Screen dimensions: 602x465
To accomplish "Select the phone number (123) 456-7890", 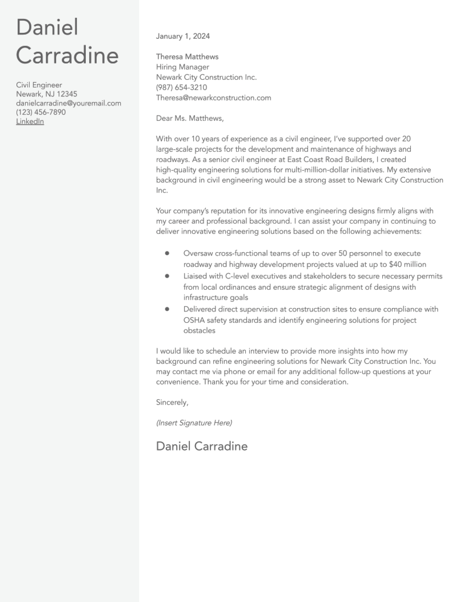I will (x=41, y=112).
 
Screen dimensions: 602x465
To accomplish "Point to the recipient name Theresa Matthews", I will (x=187, y=57).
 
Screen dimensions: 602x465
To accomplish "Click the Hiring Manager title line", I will (x=182, y=67).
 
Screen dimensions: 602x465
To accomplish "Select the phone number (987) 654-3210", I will (x=181, y=87).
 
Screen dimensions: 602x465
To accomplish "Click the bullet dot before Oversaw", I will (x=167, y=253).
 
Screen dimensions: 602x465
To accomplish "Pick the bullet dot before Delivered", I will (x=167, y=309).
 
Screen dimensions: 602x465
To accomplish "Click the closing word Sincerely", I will (x=172, y=402).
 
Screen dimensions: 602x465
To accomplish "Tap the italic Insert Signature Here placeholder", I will (x=194, y=423).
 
